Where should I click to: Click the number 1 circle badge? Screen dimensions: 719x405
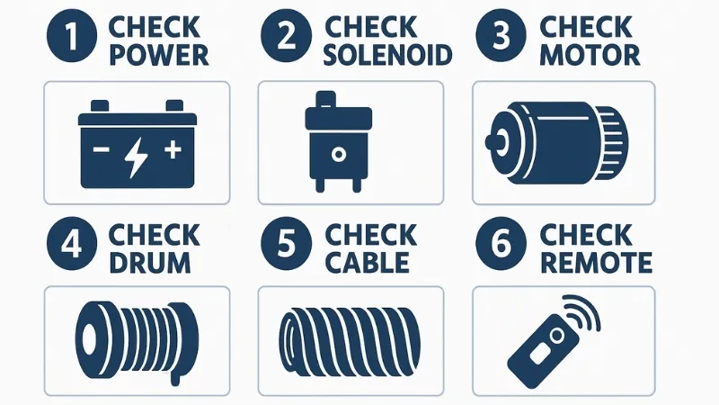click(x=72, y=37)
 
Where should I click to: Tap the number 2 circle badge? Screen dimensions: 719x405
click(x=287, y=37)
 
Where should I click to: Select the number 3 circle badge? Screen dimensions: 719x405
click(x=501, y=37)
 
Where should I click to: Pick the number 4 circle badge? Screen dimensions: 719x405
click(x=72, y=243)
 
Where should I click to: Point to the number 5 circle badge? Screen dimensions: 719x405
click(x=287, y=243)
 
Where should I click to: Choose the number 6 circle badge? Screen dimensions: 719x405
click(x=501, y=243)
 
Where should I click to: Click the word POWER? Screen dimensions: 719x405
click(x=159, y=56)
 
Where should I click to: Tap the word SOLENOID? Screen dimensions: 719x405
click(x=388, y=56)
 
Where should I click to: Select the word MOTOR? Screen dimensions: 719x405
click(x=590, y=56)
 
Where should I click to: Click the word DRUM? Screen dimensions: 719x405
click(x=150, y=263)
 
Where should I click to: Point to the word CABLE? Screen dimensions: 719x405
click(x=368, y=263)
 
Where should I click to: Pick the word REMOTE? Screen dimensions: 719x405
click(x=596, y=263)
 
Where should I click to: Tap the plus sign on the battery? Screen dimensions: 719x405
click(x=173, y=149)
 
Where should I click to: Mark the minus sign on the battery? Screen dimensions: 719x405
click(x=101, y=149)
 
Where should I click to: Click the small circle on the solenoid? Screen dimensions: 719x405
click(x=339, y=155)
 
